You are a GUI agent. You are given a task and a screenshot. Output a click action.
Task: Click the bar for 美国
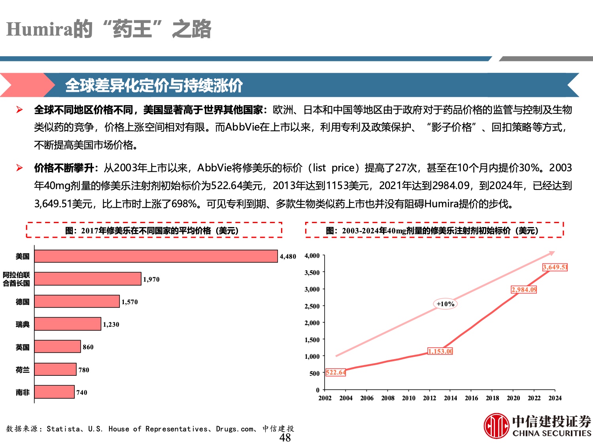click(x=156, y=256)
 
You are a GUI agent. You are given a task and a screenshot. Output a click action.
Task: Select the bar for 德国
click(x=77, y=301)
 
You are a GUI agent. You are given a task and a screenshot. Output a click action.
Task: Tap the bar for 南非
click(x=54, y=392)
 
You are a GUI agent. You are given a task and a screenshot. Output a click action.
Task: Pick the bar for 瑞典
click(x=68, y=324)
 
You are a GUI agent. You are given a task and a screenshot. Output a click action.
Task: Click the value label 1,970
click(x=151, y=279)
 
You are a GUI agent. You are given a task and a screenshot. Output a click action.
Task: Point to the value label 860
click(x=88, y=347)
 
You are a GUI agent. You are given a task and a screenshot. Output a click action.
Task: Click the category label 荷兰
click(x=23, y=370)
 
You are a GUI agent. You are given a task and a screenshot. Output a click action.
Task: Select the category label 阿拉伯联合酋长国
click(x=17, y=279)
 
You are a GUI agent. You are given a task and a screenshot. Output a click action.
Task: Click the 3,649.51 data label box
click(x=555, y=267)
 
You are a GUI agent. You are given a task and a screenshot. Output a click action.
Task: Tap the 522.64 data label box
click(x=336, y=372)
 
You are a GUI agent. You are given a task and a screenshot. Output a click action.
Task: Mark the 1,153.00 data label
click(x=440, y=351)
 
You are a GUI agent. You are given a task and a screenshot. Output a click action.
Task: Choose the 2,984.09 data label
click(x=524, y=290)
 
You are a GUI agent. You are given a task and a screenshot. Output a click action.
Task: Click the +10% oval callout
click(x=446, y=304)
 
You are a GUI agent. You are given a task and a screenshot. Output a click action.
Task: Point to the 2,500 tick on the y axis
click(x=312, y=306)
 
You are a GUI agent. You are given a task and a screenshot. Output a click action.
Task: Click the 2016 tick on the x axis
click(x=471, y=398)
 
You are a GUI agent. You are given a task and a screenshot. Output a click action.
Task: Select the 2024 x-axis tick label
click(x=555, y=398)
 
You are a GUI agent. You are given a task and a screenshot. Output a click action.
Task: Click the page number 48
click(x=285, y=437)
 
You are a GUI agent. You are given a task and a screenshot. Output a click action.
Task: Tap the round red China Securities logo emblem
click(x=496, y=426)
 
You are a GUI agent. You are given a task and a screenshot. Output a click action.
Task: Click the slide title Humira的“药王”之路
click(x=109, y=29)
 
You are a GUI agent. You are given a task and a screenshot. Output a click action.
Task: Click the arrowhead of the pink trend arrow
click(x=552, y=253)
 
